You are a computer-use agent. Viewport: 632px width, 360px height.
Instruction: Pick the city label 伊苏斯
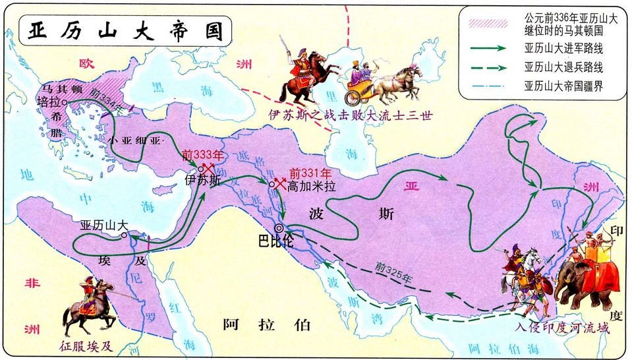202,179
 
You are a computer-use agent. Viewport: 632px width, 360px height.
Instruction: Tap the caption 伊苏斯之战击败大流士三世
349,115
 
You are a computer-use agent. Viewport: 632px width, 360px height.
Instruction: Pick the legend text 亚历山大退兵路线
563,67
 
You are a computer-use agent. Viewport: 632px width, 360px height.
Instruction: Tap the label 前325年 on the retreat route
393,272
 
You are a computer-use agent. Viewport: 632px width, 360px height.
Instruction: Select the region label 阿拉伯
266,324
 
